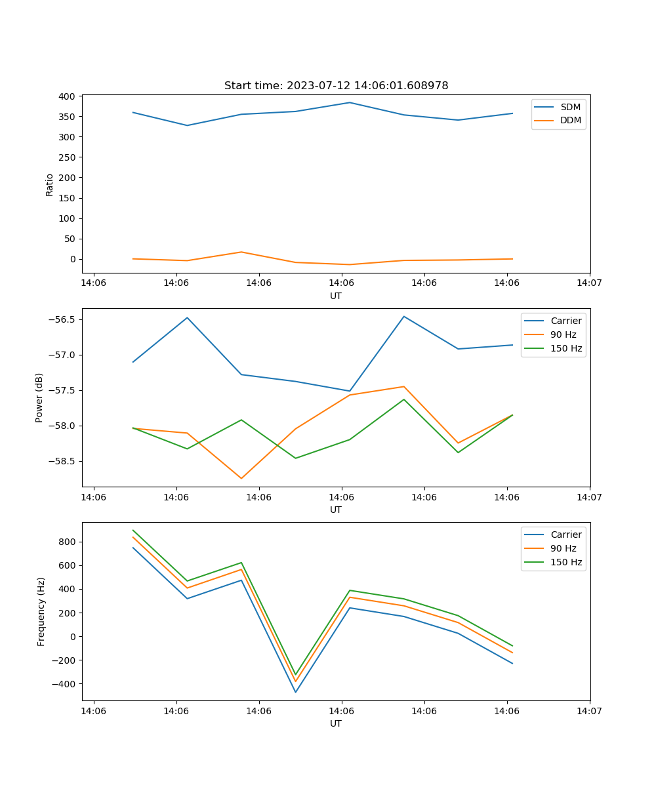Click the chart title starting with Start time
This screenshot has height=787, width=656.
point(336,86)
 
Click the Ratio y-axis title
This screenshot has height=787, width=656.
point(50,184)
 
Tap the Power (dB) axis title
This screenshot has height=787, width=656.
point(39,397)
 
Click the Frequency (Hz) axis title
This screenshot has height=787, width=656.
point(41,611)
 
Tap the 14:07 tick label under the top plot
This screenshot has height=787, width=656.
point(589,283)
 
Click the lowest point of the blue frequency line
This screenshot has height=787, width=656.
point(295,692)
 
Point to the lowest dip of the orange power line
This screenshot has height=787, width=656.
point(241,478)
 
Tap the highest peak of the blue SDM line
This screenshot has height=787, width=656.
point(350,102)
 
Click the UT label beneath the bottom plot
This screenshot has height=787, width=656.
point(336,723)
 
